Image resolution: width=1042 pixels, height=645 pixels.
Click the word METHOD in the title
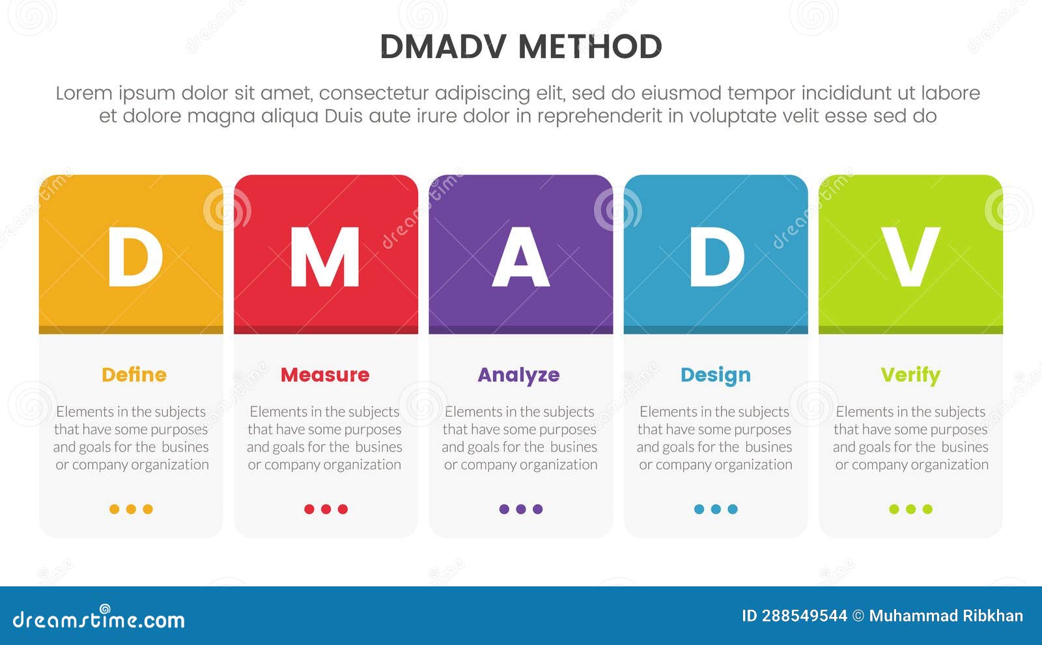[590, 47]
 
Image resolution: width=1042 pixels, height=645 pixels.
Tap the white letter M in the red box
[325, 257]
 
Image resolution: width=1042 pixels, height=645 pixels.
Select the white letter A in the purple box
[520, 257]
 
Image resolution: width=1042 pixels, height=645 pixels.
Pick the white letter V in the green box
[910, 257]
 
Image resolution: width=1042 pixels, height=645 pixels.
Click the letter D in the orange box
[134, 257]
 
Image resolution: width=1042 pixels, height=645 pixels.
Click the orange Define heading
[134, 375]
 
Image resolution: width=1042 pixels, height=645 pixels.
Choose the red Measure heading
[325, 375]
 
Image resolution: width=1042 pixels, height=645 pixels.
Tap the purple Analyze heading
[518, 375]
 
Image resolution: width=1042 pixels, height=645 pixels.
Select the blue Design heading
[715, 375]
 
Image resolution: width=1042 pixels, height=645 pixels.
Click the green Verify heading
[910, 375]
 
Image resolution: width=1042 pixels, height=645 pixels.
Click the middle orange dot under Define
[131, 509]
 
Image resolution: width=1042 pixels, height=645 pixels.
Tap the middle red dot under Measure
[326, 509]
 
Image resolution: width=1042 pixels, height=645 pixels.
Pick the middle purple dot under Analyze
[520, 509]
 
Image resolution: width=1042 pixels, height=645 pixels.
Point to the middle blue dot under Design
[716, 509]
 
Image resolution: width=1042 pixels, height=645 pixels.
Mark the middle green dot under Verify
[910, 509]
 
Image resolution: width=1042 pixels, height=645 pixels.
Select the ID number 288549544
[804, 616]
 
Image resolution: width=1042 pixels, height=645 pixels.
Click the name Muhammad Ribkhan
[946, 616]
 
